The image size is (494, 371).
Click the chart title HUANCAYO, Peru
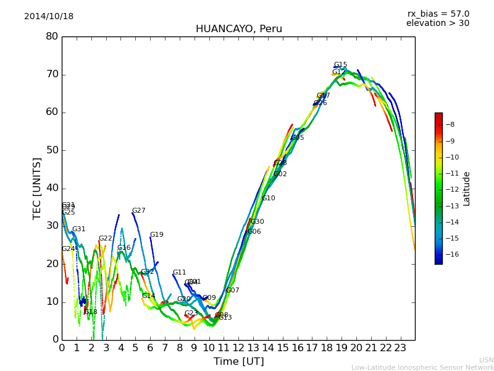click(238, 29)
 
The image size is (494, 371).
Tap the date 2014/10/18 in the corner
click(49, 17)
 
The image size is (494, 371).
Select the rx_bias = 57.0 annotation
click(438, 14)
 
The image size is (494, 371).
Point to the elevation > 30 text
click(437, 23)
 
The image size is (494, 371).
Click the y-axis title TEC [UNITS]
click(37, 188)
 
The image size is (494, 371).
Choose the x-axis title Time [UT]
click(238, 362)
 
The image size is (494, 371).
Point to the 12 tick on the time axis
click(238, 348)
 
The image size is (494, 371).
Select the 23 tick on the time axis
click(400, 348)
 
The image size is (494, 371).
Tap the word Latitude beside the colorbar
click(467, 189)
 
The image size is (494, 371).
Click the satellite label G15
click(340, 65)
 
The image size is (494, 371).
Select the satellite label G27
click(138, 211)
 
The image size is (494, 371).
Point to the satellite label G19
click(156, 235)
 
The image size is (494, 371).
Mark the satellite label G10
click(269, 198)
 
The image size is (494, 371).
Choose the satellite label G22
click(105, 239)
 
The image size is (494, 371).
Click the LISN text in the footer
click(486, 360)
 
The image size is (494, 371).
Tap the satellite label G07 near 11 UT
click(232, 291)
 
